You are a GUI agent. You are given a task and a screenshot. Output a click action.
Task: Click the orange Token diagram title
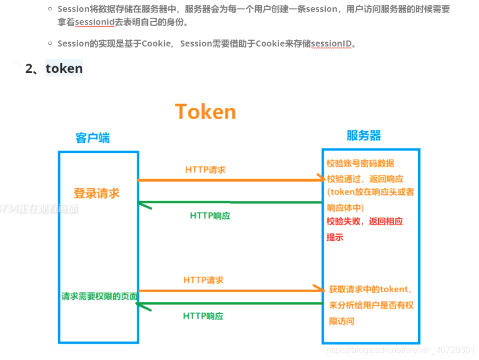(x=205, y=112)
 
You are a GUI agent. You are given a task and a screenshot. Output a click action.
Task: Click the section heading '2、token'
(x=54, y=68)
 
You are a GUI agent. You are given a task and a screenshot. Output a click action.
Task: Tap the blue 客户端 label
(x=93, y=138)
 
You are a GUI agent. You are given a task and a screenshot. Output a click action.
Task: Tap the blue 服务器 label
(x=364, y=136)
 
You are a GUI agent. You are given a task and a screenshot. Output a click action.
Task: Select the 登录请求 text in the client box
(x=96, y=194)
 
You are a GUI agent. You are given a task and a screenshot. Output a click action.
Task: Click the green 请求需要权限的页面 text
(x=99, y=296)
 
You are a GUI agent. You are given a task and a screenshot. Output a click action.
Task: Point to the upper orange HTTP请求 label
(x=205, y=170)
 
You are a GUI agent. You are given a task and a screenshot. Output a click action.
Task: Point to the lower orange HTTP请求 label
(x=204, y=280)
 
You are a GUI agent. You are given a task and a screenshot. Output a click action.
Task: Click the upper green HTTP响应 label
(x=210, y=216)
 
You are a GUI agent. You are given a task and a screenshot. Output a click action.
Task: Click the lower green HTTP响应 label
(x=203, y=316)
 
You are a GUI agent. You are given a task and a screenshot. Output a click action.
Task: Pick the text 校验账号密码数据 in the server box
(x=360, y=164)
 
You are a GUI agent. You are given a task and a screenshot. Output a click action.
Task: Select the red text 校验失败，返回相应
(x=365, y=222)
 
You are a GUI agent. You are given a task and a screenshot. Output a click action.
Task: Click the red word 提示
(x=335, y=237)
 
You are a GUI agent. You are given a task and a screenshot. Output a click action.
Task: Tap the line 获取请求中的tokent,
(x=370, y=289)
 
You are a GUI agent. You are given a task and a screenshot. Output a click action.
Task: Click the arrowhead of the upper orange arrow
(x=321, y=178)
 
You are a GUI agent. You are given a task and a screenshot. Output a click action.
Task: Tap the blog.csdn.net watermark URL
(x=400, y=350)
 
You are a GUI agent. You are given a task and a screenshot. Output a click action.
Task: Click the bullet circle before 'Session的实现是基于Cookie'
(x=50, y=43)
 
